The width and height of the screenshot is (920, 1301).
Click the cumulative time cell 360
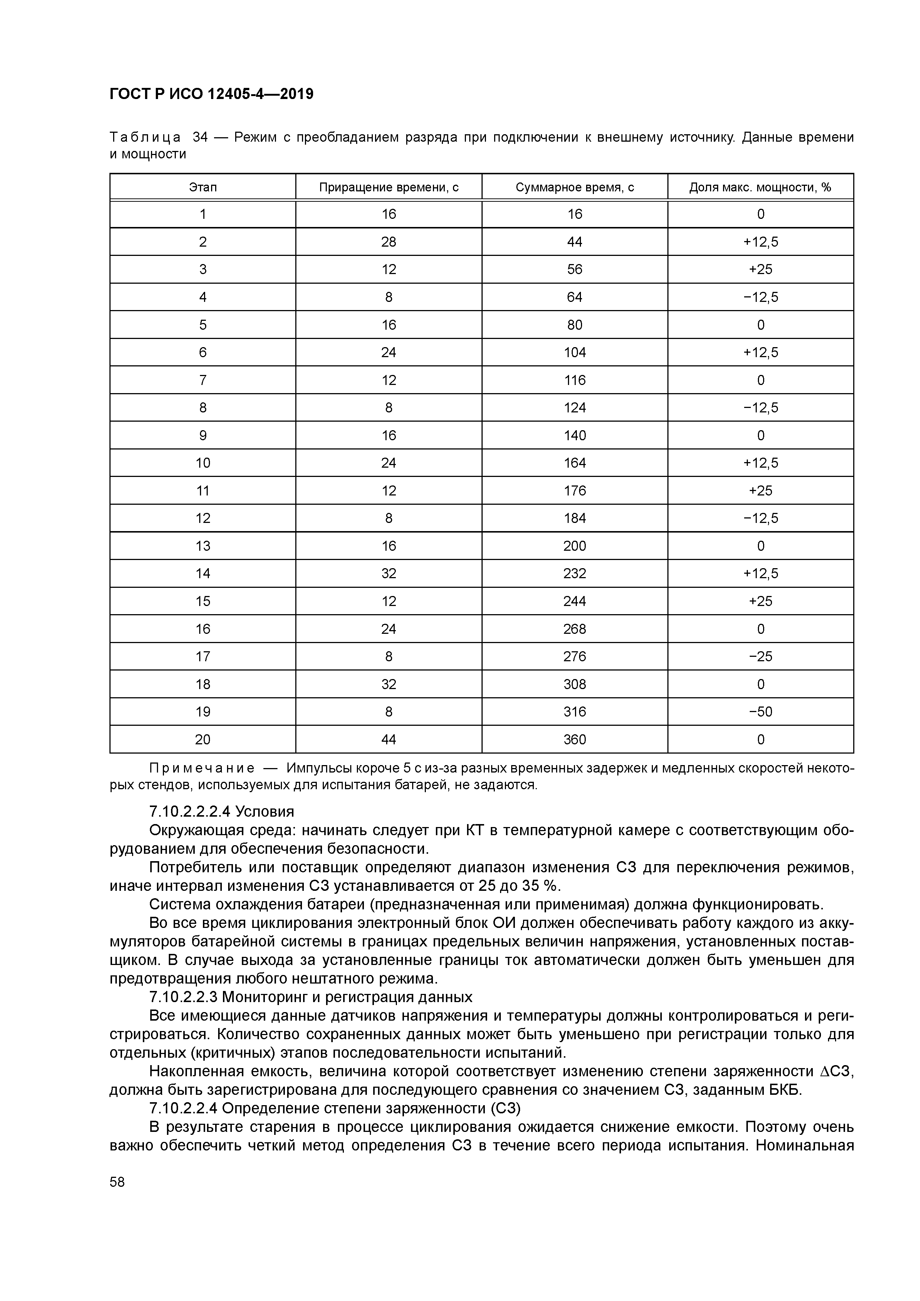[x=574, y=740]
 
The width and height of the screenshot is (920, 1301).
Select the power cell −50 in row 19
[x=760, y=712]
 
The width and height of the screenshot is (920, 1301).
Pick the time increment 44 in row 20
[x=388, y=740]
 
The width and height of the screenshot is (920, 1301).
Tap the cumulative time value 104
[x=574, y=352]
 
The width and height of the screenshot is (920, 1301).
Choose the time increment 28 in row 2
[x=388, y=242]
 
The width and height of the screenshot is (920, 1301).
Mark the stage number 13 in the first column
[x=203, y=546]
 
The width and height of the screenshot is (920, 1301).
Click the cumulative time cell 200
[x=574, y=546]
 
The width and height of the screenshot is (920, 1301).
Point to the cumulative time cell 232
[x=574, y=573]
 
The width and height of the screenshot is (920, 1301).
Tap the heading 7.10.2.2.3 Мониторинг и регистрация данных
[x=310, y=997]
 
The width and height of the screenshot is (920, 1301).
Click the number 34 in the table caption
[x=200, y=137]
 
